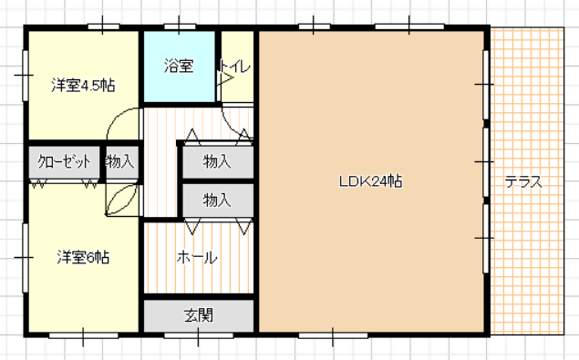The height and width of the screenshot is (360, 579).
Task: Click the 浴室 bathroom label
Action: (x=179, y=67)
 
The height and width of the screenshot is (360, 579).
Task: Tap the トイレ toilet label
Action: (x=235, y=67)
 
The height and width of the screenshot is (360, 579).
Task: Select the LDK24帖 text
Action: (x=370, y=181)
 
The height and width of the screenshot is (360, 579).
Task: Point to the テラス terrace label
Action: (x=523, y=181)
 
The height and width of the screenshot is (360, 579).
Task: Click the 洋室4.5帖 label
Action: (x=83, y=86)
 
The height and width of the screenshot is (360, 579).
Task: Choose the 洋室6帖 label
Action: (x=83, y=257)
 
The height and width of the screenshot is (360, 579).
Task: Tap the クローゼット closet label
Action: (x=64, y=161)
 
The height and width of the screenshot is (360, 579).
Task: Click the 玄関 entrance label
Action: (x=199, y=315)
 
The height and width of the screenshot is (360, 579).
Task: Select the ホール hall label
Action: (x=197, y=257)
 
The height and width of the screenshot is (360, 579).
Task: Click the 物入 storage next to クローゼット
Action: (x=119, y=161)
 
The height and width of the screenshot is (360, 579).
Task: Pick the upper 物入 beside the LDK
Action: (x=217, y=161)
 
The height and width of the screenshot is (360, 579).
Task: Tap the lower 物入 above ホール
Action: (x=217, y=201)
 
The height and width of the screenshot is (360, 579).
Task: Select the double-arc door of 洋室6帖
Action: (x=122, y=200)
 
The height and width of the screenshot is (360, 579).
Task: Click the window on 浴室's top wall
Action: (x=180, y=26)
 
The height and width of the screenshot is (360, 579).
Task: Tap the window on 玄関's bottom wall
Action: (x=198, y=335)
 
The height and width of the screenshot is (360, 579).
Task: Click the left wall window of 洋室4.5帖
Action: (x=26, y=76)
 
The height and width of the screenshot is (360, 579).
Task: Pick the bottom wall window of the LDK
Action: (x=333, y=335)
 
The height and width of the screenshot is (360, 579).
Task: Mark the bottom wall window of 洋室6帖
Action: (x=84, y=335)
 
